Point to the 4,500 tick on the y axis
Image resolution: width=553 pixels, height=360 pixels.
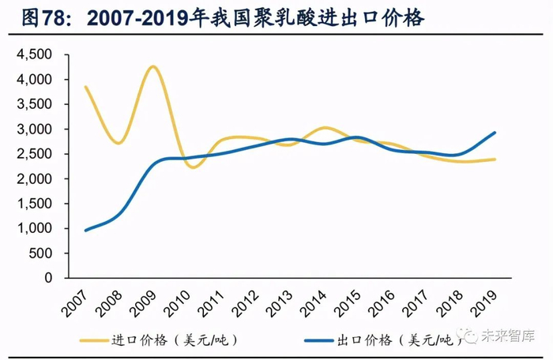coord(35,54)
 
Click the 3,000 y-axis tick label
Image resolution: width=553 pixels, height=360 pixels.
coord(35,129)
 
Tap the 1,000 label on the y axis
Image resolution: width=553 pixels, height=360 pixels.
coord(35,228)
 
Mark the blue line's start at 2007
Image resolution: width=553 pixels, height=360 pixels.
coord(85,230)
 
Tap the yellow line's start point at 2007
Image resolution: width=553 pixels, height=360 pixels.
coord(85,87)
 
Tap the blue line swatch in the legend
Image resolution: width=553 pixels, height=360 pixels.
coord(318,340)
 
